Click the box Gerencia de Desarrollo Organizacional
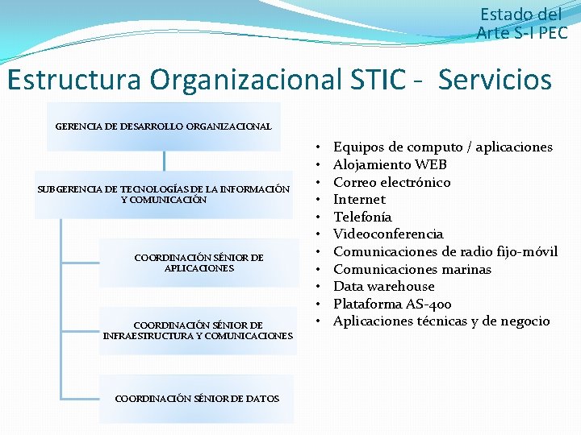point(164,126)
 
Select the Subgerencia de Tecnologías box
point(164,194)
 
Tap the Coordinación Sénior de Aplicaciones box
point(199,263)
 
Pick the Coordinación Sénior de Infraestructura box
point(199,330)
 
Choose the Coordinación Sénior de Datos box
point(198,398)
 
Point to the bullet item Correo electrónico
point(391,182)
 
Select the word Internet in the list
point(359,199)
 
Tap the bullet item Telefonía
point(362,217)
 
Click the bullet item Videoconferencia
point(388,234)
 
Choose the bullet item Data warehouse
point(383,286)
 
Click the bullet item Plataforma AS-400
point(392,304)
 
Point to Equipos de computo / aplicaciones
point(442,147)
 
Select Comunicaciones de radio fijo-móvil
point(445,251)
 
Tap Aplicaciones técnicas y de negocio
point(441,321)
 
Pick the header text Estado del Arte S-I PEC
point(523,23)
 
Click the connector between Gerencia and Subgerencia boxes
point(164,161)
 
